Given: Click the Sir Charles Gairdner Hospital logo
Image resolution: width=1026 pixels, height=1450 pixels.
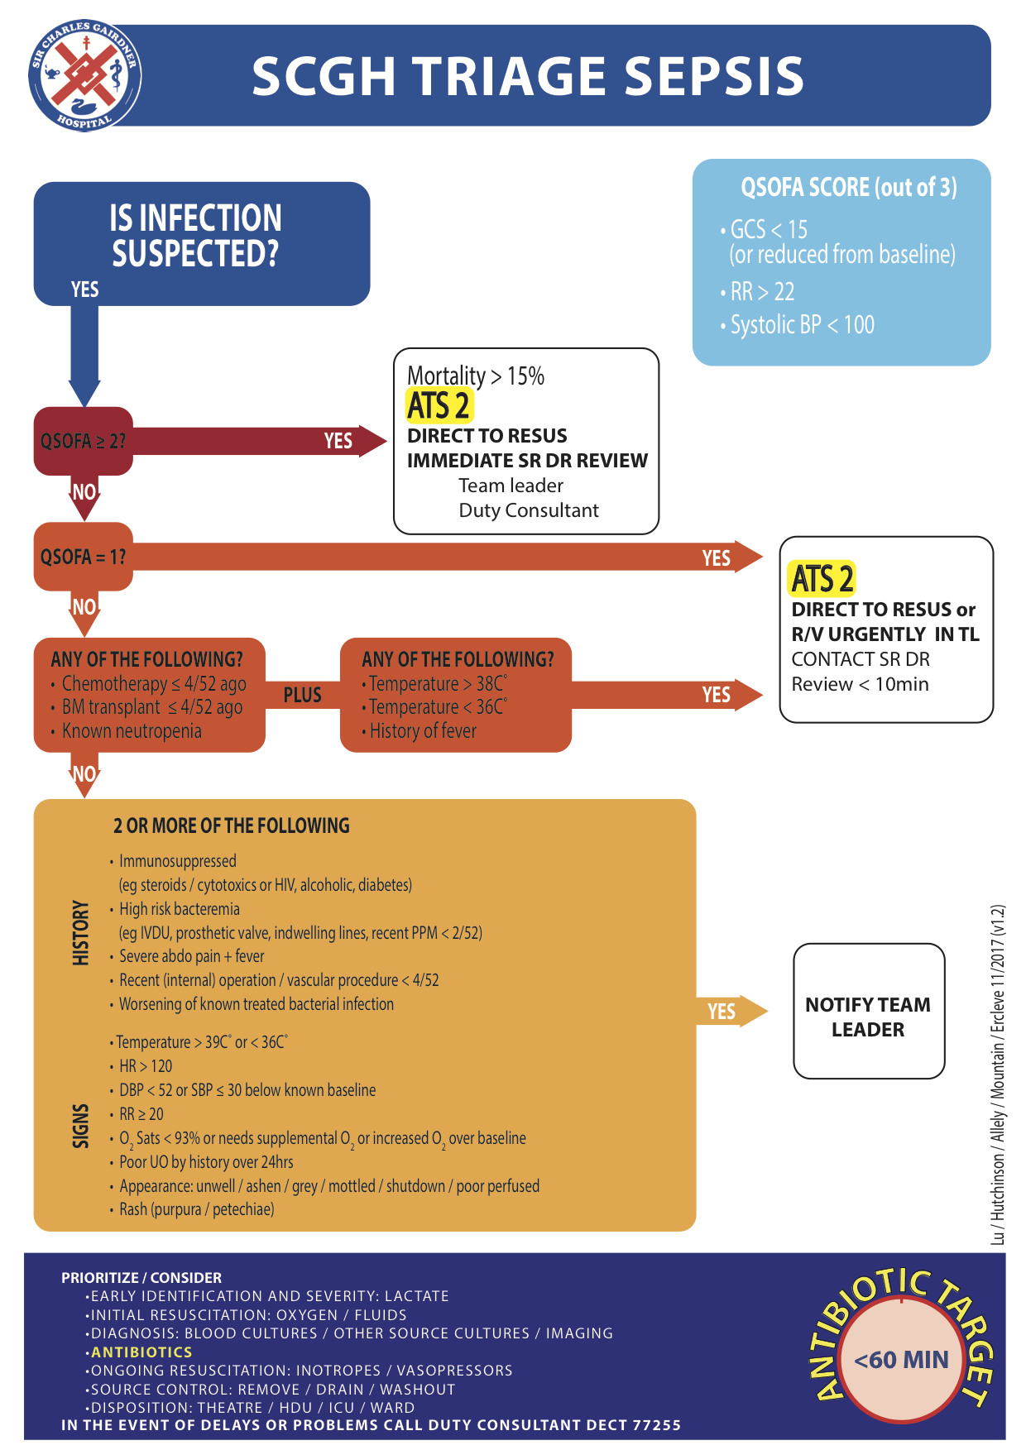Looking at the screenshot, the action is (x=84, y=75).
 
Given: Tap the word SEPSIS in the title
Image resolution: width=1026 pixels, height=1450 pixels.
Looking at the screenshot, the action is (x=713, y=76).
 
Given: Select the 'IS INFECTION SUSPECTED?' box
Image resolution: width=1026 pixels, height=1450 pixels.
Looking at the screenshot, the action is (x=202, y=244).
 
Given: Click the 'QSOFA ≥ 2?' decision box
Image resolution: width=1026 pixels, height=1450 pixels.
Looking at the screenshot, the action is (x=84, y=441).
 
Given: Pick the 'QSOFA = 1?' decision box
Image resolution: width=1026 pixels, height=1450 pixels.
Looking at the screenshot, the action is (x=84, y=557).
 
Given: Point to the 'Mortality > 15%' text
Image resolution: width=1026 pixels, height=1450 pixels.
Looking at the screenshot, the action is (x=476, y=376).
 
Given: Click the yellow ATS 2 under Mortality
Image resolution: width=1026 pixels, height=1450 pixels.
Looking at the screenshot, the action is (x=439, y=406).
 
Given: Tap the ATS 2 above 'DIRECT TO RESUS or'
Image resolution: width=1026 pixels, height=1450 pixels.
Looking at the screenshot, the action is (x=822, y=579).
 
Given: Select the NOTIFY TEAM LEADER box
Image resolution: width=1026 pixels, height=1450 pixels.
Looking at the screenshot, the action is (x=869, y=1011).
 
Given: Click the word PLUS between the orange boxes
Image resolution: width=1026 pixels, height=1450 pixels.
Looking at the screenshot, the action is (x=303, y=695).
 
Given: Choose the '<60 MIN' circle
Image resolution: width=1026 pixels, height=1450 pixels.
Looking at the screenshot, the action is (x=901, y=1360).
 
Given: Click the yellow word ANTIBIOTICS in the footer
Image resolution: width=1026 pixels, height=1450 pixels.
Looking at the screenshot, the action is (x=141, y=1352).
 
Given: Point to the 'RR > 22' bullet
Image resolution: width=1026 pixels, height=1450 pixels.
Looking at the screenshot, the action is (x=758, y=291).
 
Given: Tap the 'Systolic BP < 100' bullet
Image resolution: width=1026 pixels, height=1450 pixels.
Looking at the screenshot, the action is (x=798, y=324).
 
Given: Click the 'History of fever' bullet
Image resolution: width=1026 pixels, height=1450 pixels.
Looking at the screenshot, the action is (x=419, y=731).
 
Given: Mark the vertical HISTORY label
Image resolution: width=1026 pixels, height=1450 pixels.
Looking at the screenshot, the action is (x=80, y=933).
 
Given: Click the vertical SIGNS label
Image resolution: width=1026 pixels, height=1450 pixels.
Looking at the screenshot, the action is (x=80, y=1126).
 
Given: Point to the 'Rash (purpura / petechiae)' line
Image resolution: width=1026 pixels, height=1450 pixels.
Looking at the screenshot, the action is (x=193, y=1209).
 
